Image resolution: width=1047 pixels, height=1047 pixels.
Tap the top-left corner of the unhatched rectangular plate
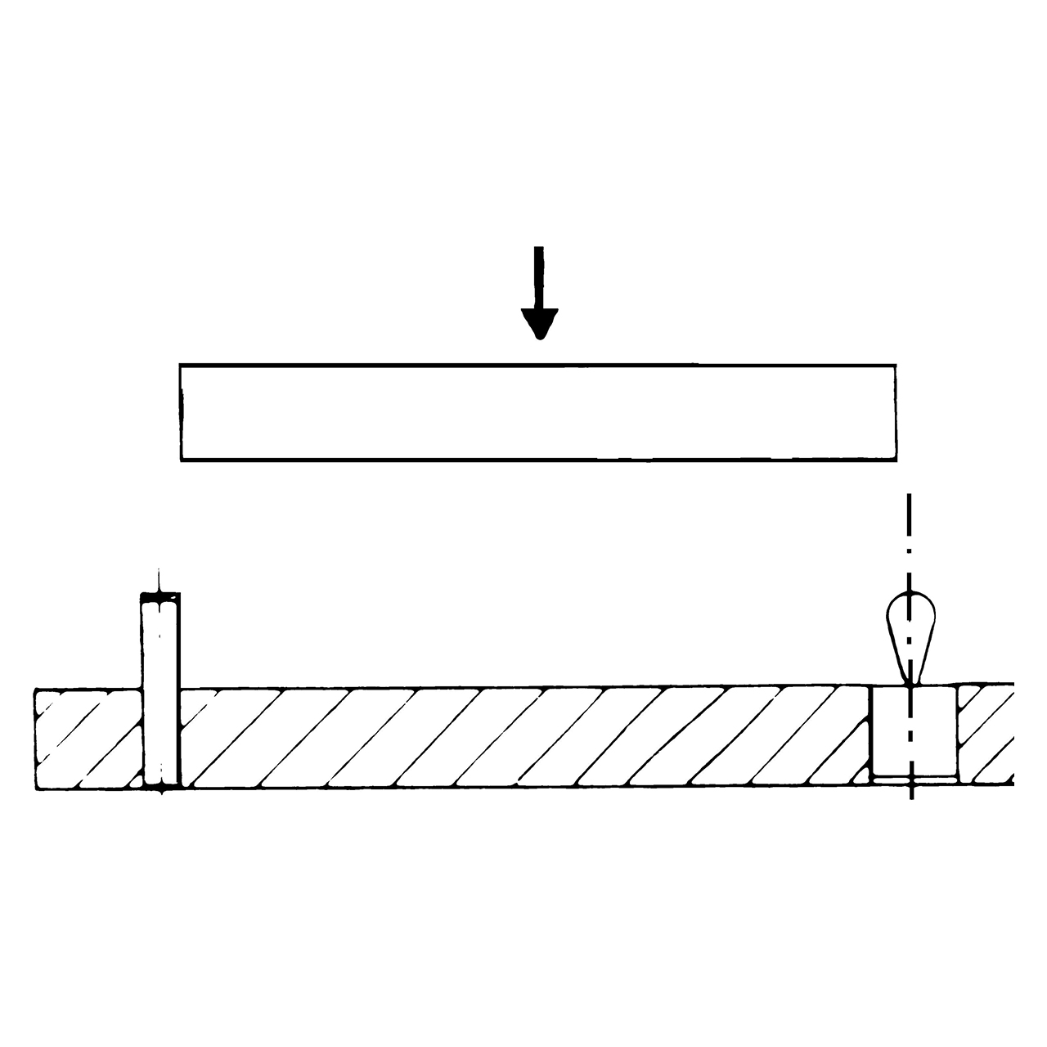(181, 365)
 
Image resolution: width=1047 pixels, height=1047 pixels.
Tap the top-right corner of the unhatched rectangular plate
(896, 365)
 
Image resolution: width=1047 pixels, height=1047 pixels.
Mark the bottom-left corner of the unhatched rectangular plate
(181, 461)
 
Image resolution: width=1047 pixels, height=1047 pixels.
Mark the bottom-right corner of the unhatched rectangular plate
(896, 461)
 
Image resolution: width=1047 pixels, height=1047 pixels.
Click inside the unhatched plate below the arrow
(538, 413)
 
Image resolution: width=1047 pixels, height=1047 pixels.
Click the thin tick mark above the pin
(160, 579)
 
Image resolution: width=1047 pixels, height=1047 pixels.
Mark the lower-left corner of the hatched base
(36, 787)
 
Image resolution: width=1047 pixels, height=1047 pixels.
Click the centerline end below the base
(910, 795)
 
